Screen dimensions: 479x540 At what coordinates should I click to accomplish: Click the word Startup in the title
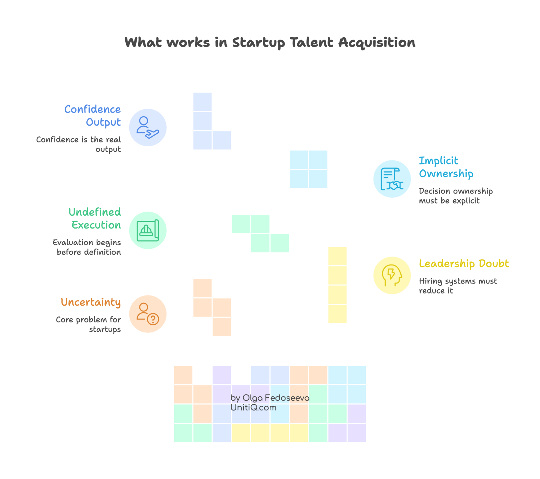point(258,43)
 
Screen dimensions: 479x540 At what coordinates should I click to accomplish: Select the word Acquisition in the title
point(376,43)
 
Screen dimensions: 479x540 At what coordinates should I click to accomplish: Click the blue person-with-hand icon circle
point(148,128)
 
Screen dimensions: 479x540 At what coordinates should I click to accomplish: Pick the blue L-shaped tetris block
point(203,129)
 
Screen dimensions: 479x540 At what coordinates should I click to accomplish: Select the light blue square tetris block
point(309,169)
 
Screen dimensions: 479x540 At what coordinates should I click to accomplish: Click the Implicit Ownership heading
point(446,167)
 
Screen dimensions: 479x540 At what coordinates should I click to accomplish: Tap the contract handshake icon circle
point(392,179)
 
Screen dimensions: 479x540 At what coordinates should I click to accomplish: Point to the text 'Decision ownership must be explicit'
point(455,196)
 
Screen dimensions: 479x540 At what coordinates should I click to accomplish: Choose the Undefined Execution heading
point(95,219)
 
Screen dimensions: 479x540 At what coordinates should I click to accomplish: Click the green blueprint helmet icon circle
point(148,230)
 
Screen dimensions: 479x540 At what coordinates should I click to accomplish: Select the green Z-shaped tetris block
point(260,234)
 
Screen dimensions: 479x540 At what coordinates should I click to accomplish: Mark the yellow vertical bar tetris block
point(337,285)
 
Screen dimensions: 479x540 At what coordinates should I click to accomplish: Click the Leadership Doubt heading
point(464,264)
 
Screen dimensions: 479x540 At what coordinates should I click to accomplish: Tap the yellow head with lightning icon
point(392,275)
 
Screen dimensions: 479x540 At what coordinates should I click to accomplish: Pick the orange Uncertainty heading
point(91,302)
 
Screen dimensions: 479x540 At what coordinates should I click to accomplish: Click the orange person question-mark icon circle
point(148,314)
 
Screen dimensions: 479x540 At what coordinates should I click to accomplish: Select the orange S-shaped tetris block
point(212,307)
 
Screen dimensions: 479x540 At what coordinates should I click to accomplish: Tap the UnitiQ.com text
point(253,408)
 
